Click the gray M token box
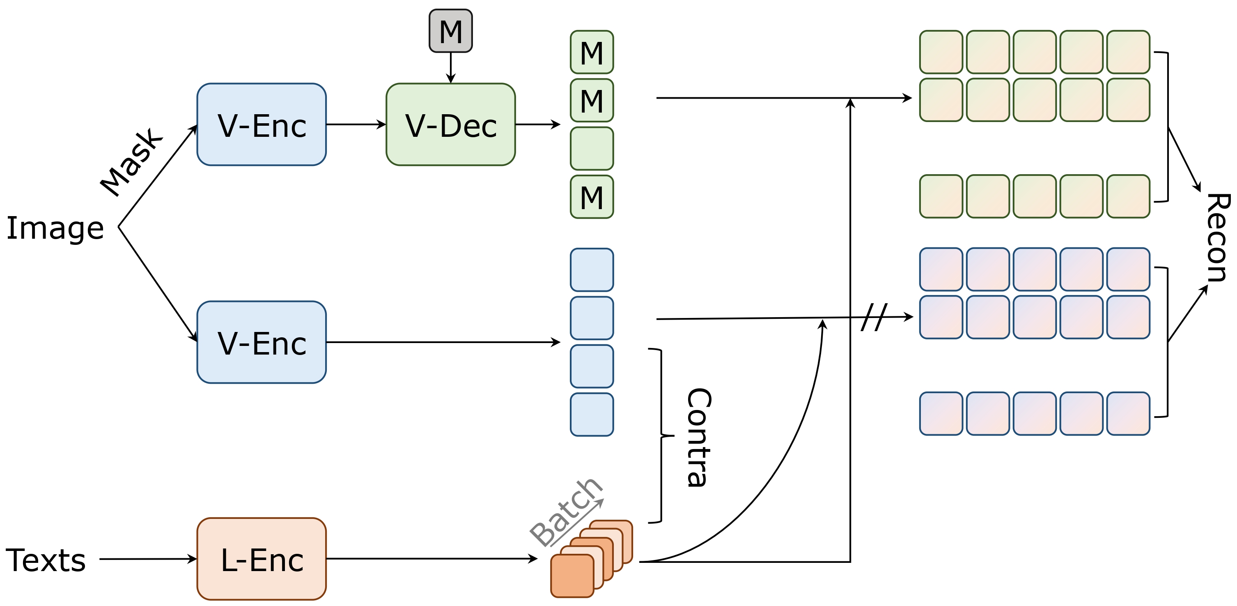click(450, 31)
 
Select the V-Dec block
click(450, 124)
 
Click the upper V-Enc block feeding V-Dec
click(261, 124)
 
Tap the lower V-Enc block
click(261, 342)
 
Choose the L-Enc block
click(261, 559)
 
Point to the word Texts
click(46, 560)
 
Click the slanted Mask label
click(131, 162)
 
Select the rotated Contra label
click(698, 437)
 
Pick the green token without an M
click(591, 148)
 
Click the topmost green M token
click(591, 52)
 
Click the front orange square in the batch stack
click(571, 576)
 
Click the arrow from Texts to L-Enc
click(147, 559)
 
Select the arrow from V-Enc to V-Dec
click(356, 124)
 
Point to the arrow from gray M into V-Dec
click(450, 67)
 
